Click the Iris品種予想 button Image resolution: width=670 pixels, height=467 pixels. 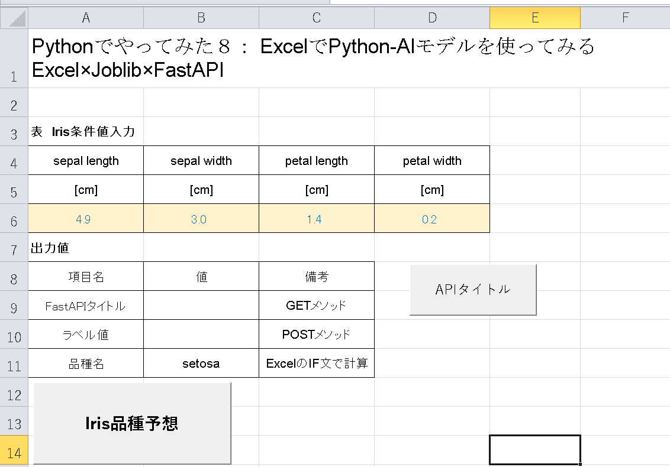(x=132, y=423)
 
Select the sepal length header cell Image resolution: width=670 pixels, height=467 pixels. (x=86, y=161)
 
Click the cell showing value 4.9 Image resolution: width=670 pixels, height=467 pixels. (x=86, y=219)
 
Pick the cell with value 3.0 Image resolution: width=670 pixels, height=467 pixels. (x=201, y=219)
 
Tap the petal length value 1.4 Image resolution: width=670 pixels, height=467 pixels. (x=317, y=219)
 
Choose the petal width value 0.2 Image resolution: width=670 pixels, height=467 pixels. (x=432, y=219)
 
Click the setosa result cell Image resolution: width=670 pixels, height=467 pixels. (x=201, y=364)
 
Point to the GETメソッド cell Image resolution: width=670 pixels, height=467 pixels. (x=317, y=305)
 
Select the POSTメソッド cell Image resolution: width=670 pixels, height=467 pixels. (x=317, y=334)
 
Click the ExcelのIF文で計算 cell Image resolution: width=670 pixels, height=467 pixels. (x=317, y=364)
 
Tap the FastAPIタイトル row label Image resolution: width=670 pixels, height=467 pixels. (x=86, y=306)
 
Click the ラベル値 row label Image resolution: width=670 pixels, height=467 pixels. (x=86, y=335)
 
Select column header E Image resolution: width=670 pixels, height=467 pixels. (x=535, y=18)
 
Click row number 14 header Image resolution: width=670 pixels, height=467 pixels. (x=14, y=451)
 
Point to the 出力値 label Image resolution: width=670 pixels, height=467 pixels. (x=50, y=248)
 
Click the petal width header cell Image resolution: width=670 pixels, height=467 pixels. (x=432, y=161)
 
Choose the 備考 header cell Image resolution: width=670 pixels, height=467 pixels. (x=317, y=277)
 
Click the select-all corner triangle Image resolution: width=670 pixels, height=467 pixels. (x=18, y=19)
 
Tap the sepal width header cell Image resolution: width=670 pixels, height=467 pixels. (x=201, y=161)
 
